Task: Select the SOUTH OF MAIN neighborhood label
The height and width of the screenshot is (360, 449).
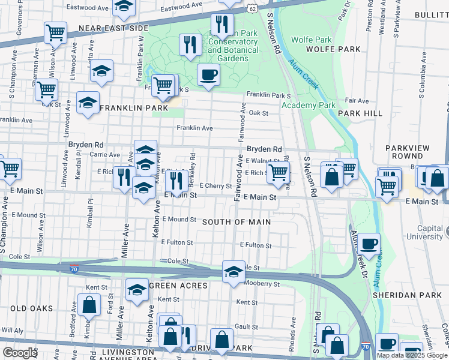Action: click(236, 222)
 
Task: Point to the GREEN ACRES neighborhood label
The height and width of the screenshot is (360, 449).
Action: click(178, 286)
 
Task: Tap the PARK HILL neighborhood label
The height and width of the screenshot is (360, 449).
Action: click(360, 113)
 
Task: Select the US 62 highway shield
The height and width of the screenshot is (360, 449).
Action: click(251, 8)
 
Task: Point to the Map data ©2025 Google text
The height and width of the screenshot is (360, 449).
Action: click(412, 355)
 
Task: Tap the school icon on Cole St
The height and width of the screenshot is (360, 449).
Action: click(233, 272)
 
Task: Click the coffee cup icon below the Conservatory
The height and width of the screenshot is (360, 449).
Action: click(208, 75)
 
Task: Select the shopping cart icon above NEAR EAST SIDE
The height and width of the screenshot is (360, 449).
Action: click(55, 32)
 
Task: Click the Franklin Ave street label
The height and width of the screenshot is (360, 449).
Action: click(194, 128)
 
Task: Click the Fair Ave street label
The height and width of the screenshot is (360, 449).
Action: click(357, 100)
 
